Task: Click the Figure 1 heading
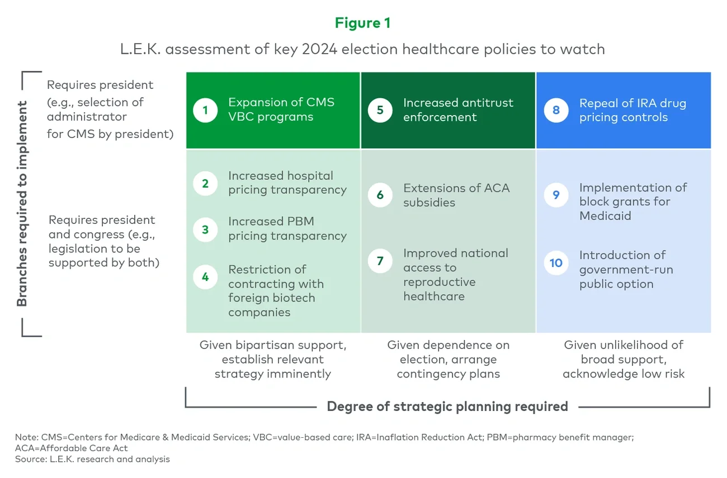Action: tap(362, 23)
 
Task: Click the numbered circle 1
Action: tap(205, 110)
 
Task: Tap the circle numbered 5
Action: tap(380, 110)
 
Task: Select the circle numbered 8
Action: tap(556, 110)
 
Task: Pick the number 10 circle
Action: tap(556, 262)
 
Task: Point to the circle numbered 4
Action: tap(205, 276)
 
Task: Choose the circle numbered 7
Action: tap(380, 261)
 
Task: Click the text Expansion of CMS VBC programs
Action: tap(281, 109)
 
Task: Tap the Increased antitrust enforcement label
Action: tap(457, 110)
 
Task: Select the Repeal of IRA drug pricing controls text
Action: tap(632, 110)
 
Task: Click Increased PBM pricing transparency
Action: tap(287, 228)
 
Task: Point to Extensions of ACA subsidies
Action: tap(456, 195)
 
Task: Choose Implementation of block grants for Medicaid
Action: tap(632, 202)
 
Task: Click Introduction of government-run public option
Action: tap(625, 269)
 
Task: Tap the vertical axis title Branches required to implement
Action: tap(22, 204)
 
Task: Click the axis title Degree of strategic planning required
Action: tap(447, 406)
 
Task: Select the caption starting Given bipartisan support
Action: tap(273, 360)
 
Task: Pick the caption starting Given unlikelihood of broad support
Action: tap(623, 360)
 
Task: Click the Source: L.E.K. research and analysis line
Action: tap(92, 459)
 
